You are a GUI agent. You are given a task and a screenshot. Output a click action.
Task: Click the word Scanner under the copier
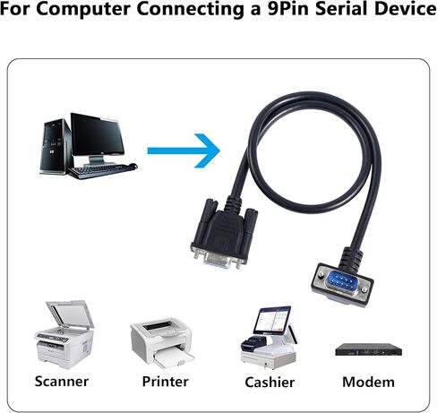62,382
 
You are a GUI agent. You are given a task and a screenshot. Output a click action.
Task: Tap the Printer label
165,382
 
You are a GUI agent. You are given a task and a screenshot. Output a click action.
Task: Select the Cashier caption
270,383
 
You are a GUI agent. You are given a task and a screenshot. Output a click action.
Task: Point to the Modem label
368,383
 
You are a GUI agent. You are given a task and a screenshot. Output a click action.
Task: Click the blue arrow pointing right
184,151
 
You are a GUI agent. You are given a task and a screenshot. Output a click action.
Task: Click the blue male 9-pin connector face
341,282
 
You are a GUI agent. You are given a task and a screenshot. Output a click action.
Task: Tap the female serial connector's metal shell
217,261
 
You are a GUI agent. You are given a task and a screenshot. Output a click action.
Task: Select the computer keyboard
102,170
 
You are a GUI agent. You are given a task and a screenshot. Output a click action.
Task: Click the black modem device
368,349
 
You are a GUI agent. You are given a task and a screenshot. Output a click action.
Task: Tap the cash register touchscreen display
272,320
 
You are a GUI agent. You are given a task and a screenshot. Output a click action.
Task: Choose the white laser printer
162,342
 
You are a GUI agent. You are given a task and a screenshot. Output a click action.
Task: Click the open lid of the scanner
71,314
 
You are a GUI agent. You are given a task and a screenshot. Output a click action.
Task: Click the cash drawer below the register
268,361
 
